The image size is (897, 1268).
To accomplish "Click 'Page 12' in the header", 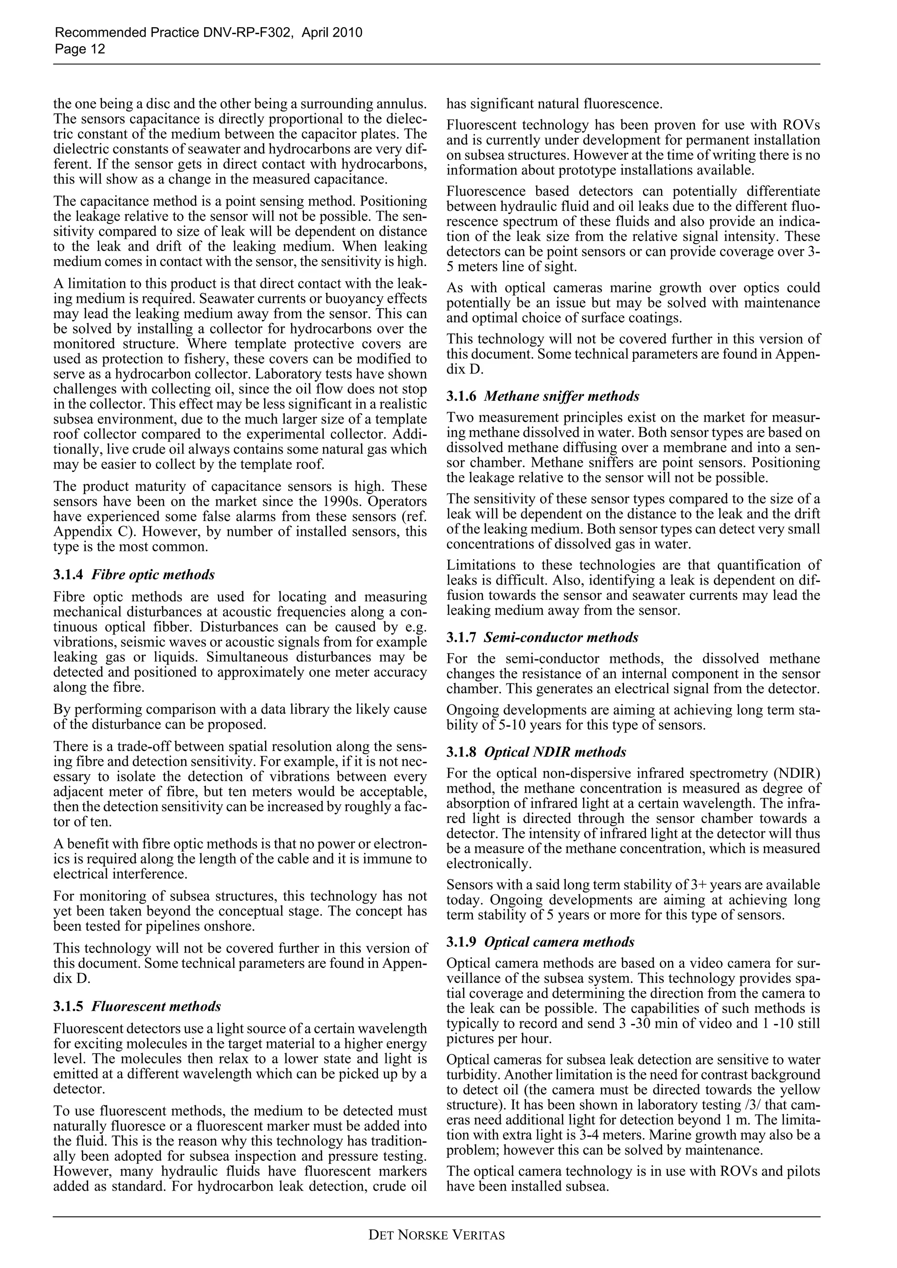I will coord(80,49).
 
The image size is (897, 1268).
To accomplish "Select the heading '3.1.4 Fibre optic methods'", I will coord(134,575).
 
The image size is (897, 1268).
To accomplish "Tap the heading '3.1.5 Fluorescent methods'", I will coord(137,1006).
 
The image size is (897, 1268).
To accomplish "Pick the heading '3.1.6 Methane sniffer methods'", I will coord(542,396).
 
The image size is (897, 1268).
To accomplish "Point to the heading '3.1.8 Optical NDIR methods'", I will coord(536,752).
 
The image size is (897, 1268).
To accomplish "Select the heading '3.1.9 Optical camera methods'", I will coord(540,942).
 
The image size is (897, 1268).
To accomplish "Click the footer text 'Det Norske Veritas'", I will coord(437,1235).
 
